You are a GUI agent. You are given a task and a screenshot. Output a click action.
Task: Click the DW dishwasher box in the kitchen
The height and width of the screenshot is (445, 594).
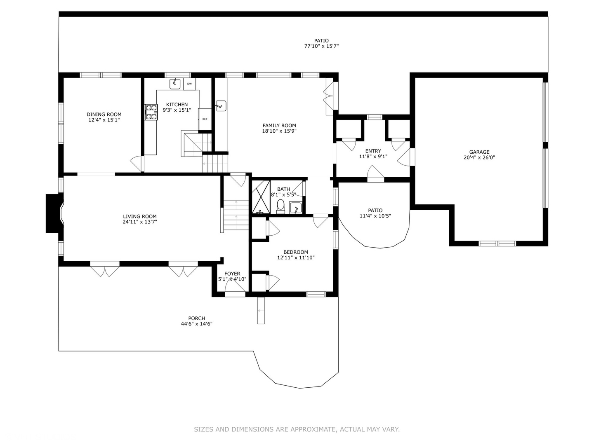189,84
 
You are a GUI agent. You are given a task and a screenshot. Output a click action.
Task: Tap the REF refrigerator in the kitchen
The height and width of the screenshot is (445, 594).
205,119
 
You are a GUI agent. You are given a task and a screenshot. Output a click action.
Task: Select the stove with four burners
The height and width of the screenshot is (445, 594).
151,112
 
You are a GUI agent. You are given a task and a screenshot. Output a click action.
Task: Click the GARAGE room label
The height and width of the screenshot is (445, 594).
479,152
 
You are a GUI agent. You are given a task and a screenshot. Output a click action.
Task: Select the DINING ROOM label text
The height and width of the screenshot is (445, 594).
104,115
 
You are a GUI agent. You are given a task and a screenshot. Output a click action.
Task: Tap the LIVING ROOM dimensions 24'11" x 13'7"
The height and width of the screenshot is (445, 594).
140,222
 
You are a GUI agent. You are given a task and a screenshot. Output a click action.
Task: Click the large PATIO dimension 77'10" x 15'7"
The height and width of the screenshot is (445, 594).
321,46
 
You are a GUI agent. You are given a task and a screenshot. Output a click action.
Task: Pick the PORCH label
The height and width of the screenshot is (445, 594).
197,318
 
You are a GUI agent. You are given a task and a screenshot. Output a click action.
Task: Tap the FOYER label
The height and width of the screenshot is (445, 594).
232,274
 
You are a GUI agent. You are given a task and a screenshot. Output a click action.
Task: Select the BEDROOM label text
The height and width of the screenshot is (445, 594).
296,252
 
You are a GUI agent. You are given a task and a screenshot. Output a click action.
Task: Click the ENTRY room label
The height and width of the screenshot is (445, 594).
373,151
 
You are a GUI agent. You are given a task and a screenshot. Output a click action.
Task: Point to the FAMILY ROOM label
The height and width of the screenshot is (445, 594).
279,126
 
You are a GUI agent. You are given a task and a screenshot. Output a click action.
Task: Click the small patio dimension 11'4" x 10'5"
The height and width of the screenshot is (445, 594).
375,216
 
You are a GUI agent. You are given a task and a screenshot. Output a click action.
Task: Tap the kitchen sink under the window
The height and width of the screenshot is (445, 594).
175,84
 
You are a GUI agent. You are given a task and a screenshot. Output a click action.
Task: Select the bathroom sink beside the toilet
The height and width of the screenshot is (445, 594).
295,208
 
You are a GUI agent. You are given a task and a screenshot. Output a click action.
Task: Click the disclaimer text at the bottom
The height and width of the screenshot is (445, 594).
297,429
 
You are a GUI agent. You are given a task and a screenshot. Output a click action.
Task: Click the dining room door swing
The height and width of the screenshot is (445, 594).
137,164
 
